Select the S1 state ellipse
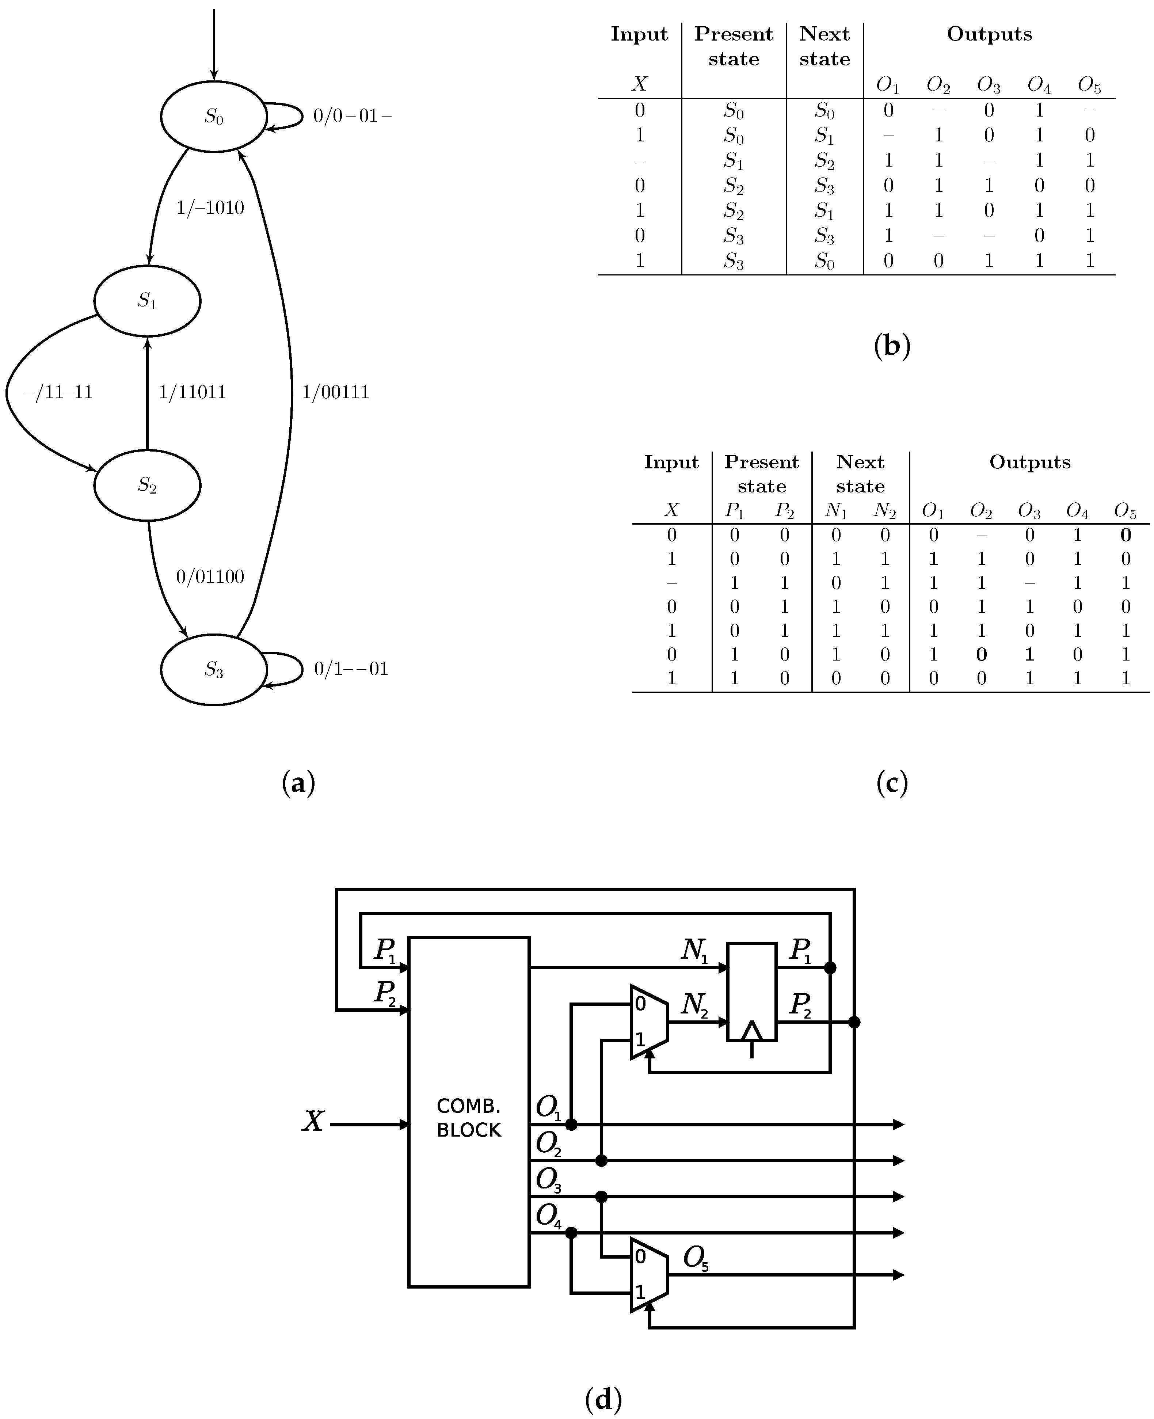(x=147, y=301)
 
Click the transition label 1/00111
(x=336, y=392)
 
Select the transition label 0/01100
(x=210, y=576)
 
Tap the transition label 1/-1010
(x=210, y=208)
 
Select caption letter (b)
(x=891, y=346)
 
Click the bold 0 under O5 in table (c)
(x=1126, y=535)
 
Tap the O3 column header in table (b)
(x=989, y=85)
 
